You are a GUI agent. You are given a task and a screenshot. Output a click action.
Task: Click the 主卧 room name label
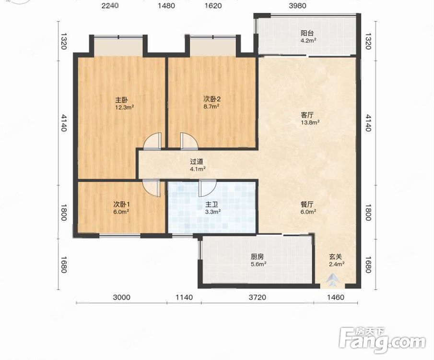[x=121, y=100]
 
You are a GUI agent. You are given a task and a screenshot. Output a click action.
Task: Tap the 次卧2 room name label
[x=212, y=99]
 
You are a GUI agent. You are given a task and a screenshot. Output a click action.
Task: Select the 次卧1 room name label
[x=122, y=204]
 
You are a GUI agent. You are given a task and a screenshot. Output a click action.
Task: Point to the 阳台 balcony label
[x=307, y=33]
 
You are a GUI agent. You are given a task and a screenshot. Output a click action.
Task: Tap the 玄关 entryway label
[x=336, y=257]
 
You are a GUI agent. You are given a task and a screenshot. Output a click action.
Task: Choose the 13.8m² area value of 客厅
[x=310, y=122]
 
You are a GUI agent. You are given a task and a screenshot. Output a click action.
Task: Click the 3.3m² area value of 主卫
[x=213, y=212]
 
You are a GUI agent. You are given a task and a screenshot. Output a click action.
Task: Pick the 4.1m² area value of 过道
[x=198, y=168]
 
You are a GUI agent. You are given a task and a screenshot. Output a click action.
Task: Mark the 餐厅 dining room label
[x=307, y=204]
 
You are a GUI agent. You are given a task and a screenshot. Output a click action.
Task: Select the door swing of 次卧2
[x=189, y=141]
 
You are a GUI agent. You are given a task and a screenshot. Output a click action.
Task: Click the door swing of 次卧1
[x=152, y=189]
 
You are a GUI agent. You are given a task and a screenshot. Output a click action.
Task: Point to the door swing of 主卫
[x=208, y=188]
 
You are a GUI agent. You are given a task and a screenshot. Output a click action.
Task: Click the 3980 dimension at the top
[x=297, y=6]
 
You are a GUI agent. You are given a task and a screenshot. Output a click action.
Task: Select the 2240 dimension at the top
[x=110, y=6]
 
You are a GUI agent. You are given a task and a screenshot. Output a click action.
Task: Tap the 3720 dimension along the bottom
[x=258, y=298]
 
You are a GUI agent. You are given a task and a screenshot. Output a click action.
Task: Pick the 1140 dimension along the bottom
[x=184, y=298]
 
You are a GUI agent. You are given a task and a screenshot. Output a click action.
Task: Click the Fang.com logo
[x=383, y=340]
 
